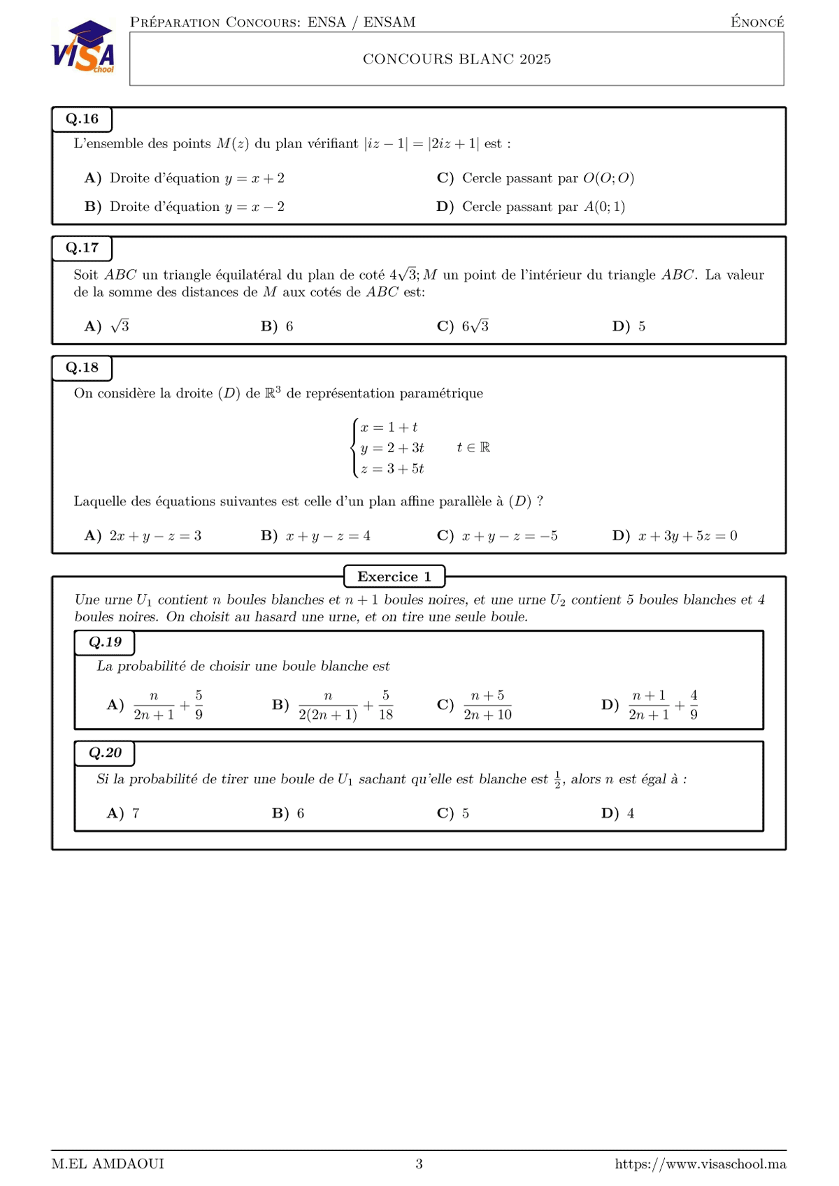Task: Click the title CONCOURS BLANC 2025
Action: [457, 59]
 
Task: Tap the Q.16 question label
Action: [82, 119]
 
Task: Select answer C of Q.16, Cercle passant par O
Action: [536, 178]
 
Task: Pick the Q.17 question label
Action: [82, 248]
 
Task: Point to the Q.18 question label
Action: [82, 368]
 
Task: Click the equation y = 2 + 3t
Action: [392, 448]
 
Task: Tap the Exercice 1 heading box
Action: [394, 577]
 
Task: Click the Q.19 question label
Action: [105, 642]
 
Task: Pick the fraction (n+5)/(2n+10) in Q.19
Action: [487, 705]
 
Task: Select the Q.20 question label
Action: [105, 753]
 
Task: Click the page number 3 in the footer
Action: [419, 1164]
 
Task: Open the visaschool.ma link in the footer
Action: [700, 1164]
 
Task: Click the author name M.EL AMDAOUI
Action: [108, 1164]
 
